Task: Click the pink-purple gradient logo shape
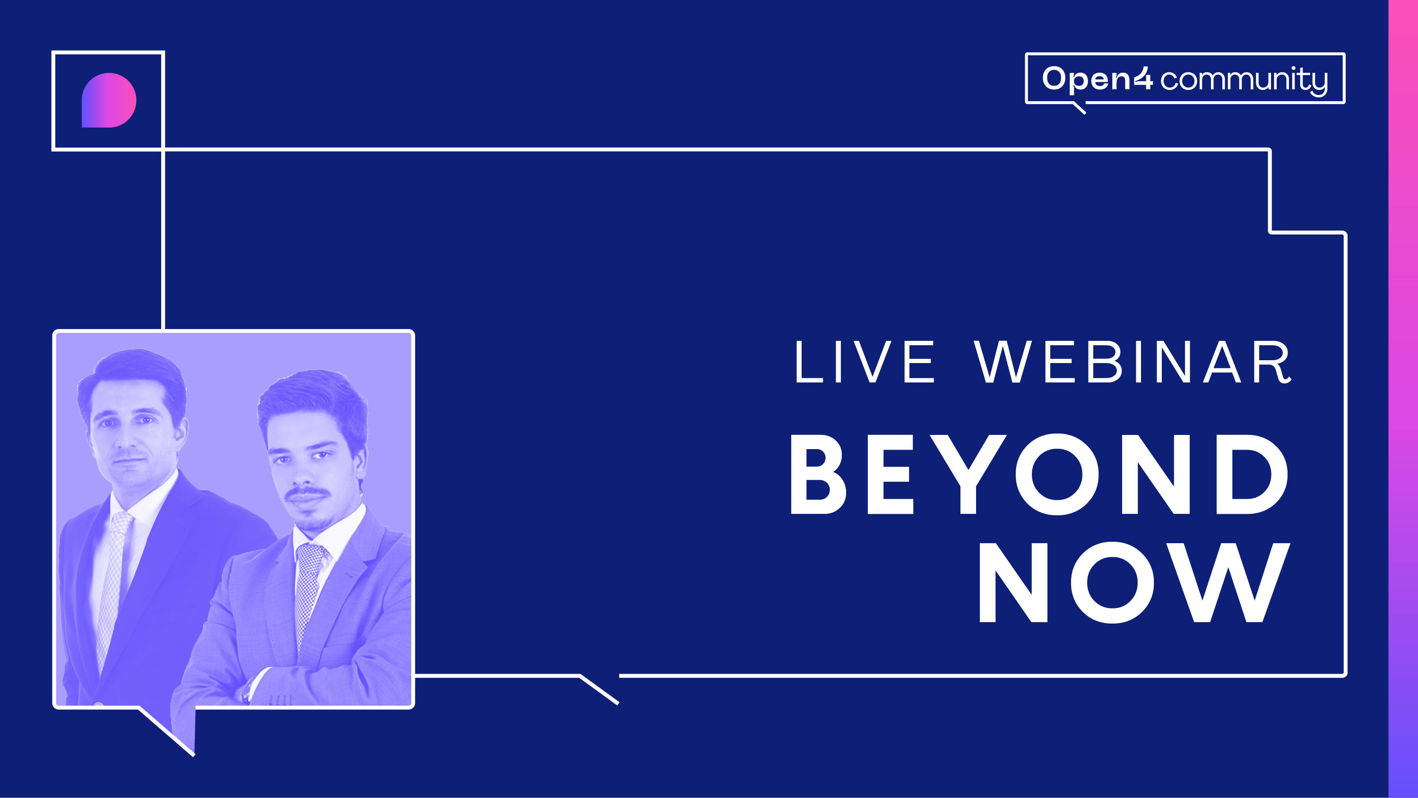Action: [109, 100]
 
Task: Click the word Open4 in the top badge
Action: [1098, 79]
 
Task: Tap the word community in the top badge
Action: [1244, 80]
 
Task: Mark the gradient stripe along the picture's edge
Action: [1403, 399]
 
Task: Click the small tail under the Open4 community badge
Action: [1079, 108]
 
